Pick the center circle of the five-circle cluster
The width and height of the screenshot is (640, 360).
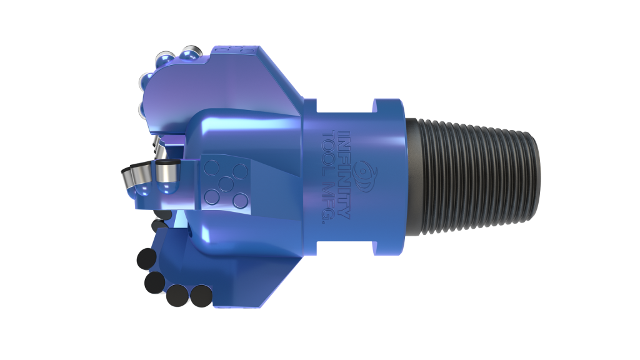click(x=224, y=184)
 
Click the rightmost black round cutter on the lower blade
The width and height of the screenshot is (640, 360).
click(x=199, y=296)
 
